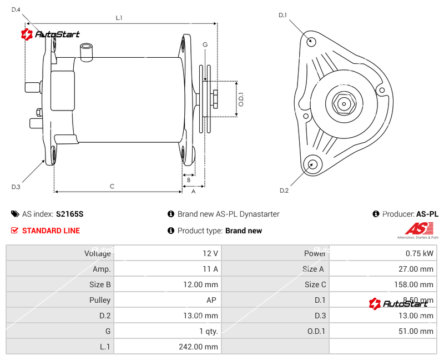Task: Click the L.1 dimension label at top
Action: tap(119, 18)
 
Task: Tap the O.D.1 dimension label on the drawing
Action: tap(241, 99)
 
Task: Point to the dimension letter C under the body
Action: tap(112, 187)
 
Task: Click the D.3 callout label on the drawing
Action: tap(16, 187)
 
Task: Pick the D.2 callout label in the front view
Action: tap(284, 191)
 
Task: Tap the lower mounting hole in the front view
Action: tap(312, 163)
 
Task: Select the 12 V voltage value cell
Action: tap(210, 253)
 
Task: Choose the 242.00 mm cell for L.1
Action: tap(203, 347)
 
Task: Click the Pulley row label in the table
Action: tap(100, 300)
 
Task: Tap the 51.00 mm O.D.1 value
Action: tap(418, 331)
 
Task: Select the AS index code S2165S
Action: tap(70, 214)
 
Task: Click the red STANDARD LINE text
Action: tap(51, 231)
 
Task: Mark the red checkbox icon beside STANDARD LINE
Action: tap(15, 231)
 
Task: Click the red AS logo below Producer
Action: tap(418, 228)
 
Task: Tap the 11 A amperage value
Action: tap(210, 269)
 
